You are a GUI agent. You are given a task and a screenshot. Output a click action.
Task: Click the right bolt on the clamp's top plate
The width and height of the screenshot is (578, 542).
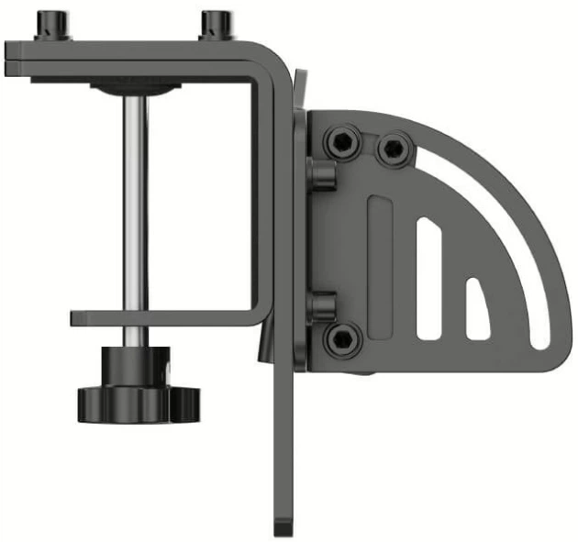point(217,24)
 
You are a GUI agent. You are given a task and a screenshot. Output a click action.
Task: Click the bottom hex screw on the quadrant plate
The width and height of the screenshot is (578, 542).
point(340,340)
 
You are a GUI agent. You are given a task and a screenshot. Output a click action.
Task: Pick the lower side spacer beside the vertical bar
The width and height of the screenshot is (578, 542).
point(318,305)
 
